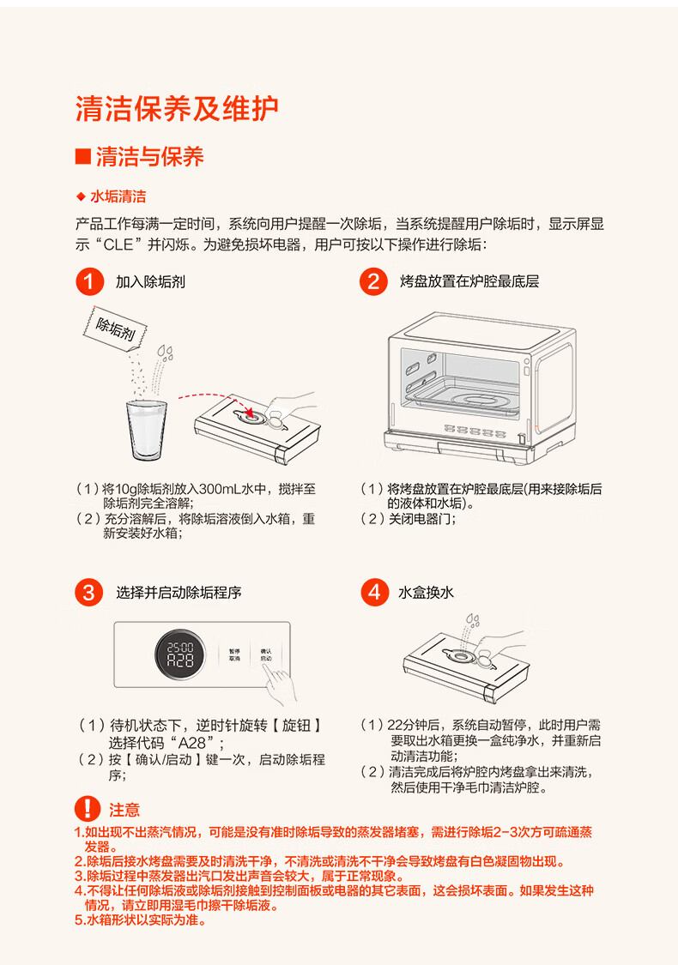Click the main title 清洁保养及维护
(177, 109)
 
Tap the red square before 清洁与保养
(83, 156)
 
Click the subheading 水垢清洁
(118, 197)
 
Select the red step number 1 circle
(89, 282)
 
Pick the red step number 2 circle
(374, 282)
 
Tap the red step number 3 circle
(89, 593)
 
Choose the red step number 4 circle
(374, 593)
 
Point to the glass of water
(147, 430)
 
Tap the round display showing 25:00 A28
(180, 654)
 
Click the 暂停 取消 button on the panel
(234, 654)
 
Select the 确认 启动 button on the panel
(266, 654)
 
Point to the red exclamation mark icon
(88, 809)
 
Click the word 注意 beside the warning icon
(124, 810)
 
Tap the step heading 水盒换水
(427, 593)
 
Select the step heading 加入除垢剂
(150, 282)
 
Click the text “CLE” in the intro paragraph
(118, 244)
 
